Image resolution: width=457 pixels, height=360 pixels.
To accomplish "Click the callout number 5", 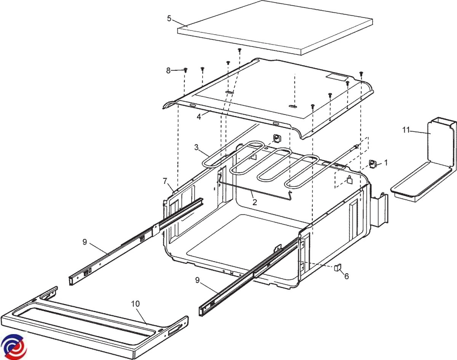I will (x=169, y=18).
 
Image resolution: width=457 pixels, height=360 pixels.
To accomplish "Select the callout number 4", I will (x=198, y=116).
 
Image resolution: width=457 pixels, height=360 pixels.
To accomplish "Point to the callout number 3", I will (x=197, y=147).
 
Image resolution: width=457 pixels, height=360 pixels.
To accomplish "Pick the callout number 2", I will (x=255, y=202).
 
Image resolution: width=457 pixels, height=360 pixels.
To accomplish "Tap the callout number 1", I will (x=386, y=163).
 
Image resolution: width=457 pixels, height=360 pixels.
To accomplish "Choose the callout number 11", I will (x=406, y=131).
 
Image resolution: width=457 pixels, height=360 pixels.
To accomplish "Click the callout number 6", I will (x=347, y=276).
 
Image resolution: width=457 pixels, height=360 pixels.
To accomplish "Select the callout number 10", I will (x=135, y=304).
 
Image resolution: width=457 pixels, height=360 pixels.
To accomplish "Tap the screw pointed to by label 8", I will (x=185, y=70).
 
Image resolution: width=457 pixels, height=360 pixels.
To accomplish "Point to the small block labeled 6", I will (x=337, y=268).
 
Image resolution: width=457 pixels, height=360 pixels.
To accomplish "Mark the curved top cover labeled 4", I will (x=267, y=95).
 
